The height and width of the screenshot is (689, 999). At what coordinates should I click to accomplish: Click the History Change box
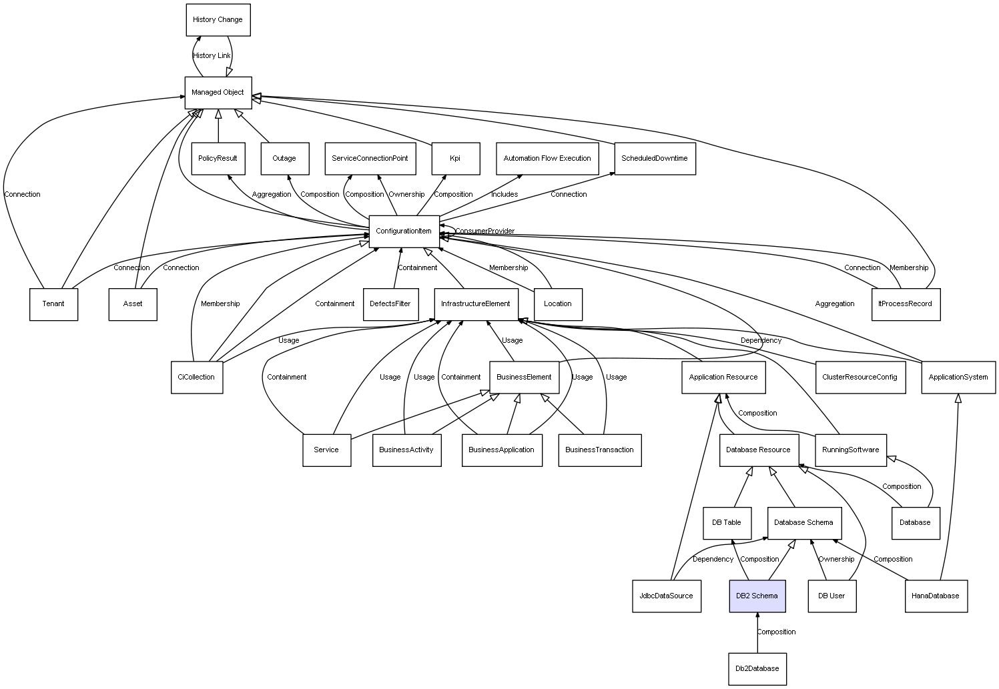click(x=218, y=20)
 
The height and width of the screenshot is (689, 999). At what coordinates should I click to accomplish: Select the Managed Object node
click(x=218, y=92)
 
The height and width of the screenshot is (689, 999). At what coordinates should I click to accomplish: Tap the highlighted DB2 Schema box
click(x=757, y=596)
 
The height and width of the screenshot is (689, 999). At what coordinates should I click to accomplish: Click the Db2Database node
click(x=757, y=668)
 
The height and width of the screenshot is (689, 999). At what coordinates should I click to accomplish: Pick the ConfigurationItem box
click(x=404, y=231)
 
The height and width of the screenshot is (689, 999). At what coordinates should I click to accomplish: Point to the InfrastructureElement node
click(x=476, y=304)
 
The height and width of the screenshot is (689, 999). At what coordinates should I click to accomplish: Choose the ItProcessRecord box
click(x=905, y=304)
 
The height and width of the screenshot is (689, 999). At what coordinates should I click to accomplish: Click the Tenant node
click(x=53, y=304)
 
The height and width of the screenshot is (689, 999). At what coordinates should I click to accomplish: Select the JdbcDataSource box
click(x=666, y=596)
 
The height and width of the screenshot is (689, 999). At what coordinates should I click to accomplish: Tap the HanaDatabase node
click(x=936, y=596)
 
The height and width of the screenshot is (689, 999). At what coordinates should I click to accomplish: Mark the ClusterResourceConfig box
click(x=860, y=377)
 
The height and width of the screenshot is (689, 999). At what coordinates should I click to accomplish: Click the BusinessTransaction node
click(x=599, y=450)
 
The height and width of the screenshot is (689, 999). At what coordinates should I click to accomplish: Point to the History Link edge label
click(x=212, y=56)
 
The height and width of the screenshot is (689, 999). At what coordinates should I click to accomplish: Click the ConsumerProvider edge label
click(x=485, y=231)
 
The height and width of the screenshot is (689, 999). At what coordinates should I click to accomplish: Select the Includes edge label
click(x=505, y=195)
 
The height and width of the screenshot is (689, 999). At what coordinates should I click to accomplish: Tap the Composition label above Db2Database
click(x=776, y=632)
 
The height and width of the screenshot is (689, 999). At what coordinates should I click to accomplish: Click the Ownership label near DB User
click(x=836, y=559)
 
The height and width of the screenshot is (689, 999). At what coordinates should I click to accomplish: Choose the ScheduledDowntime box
click(x=655, y=159)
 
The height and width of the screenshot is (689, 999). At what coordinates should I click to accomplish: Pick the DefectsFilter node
click(x=390, y=304)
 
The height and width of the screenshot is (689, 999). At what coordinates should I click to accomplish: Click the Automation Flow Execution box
click(x=547, y=159)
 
